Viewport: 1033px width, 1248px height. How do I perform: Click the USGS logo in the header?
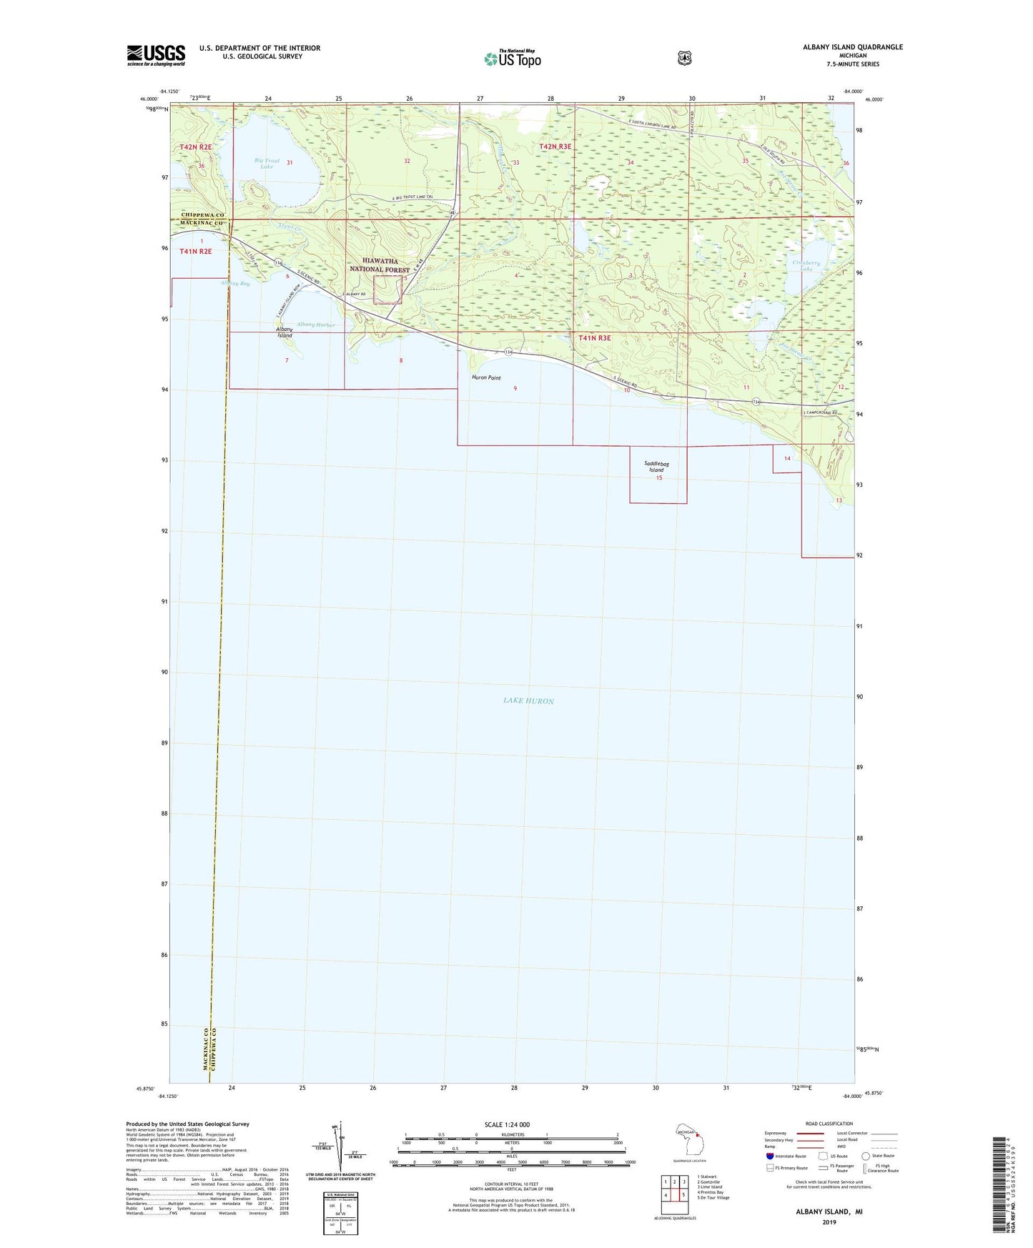pyautogui.click(x=156, y=55)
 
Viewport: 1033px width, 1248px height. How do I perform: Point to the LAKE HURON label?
pyautogui.click(x=528, y=701)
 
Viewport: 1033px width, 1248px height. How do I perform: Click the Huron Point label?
pyautogui.click(x=486, y=377)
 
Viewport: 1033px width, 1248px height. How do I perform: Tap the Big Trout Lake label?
pyautogui.click(x=267, y=164)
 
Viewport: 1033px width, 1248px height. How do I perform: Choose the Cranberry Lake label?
pyautogui.click(x=806, y=266)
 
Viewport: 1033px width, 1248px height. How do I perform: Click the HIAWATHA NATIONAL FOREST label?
pyautogui.click(x=380, y=266)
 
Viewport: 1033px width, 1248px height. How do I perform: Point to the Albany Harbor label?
pyautogui.click(x=315, y=325)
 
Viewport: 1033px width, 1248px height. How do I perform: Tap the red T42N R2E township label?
pyautogui.click(x=196, y=147)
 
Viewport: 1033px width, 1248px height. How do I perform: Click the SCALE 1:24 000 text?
pyautogui.click(x=507, y=1124)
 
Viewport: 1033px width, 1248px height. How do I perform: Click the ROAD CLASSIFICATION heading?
pyautogui.click(x=829, y=1124)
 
